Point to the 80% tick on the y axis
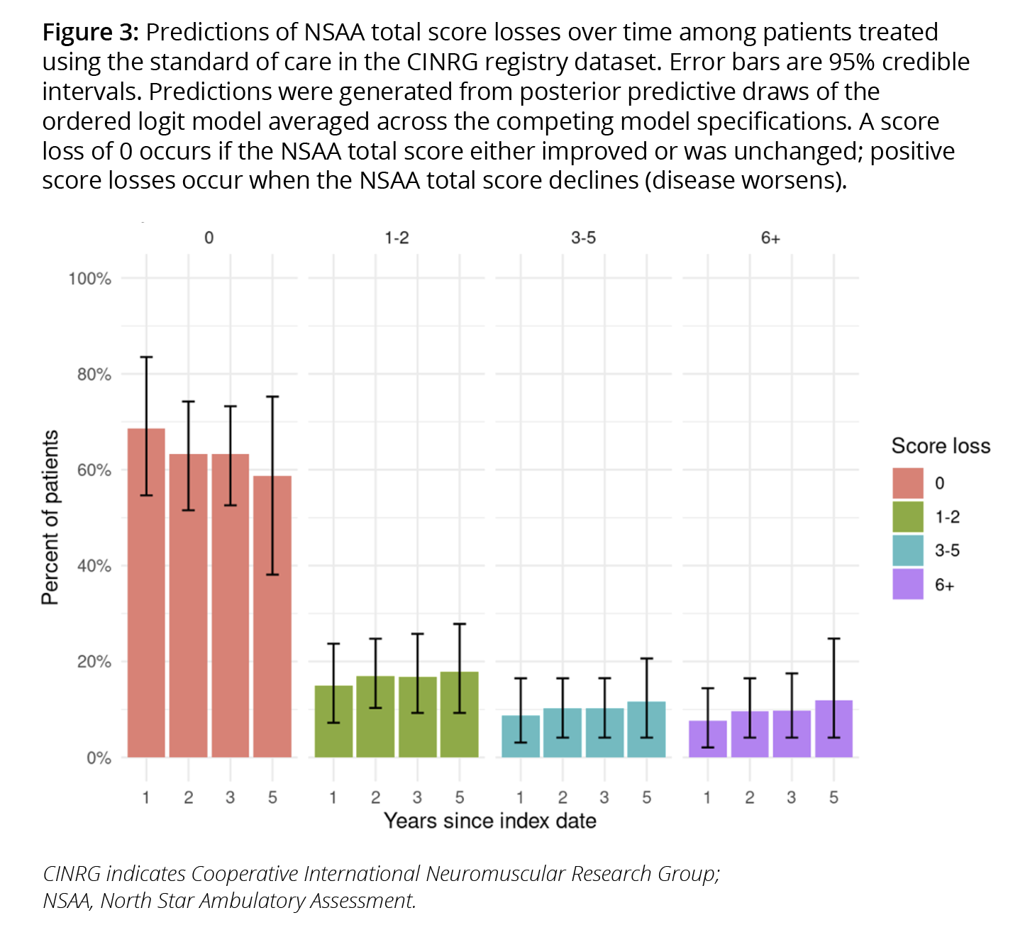94,375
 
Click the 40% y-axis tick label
94,566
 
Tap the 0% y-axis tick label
99,758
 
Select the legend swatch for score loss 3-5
908,550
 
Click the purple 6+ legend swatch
908,584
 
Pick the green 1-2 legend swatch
908,517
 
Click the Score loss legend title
941,446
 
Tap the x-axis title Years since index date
489,821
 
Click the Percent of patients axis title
50,518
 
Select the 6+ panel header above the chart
770,238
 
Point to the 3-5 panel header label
583,238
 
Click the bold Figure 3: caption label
92,33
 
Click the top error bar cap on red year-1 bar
146,358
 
